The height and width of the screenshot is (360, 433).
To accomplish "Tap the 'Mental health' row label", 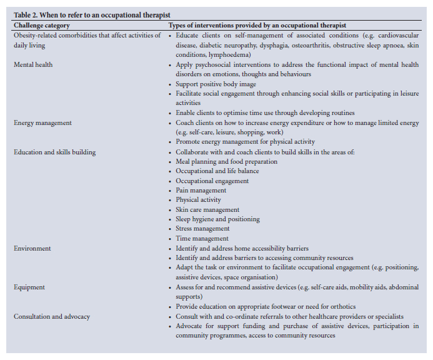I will pyautogui.click(x=33, y=64).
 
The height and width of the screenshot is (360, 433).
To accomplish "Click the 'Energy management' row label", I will pyautogui.click(x=42, y=123).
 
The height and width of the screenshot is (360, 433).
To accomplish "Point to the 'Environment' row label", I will pyautogui.click(x=32, y=248).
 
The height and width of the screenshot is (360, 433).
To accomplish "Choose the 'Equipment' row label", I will pyautogui.click(x=29, y=287).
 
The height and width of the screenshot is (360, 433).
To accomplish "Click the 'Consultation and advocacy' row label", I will pyautogui.click(x=52, y=316).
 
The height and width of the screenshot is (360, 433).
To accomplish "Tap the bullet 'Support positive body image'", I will pyautogui.click(x=216, y=84).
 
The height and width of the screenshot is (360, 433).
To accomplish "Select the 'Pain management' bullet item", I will pyautogui.click(x=201, y=191).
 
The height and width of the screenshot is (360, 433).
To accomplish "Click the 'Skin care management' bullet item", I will pyautogui.click(x=207, y=210).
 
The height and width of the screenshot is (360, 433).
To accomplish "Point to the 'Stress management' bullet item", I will pyautogui.click(x=202, y=229).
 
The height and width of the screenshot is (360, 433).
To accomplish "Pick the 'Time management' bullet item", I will pyautogui.click(x=202, y=239).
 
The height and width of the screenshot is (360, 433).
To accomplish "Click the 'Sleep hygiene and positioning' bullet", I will pyautogui.click(x=217, y=219).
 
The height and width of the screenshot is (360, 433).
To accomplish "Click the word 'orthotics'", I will pyautogui.click(x=342, y=306).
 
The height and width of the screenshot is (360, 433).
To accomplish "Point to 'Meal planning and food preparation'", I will pyautogui.click(x=227, y=162).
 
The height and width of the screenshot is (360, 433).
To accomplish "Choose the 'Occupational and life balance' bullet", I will pyautogui.click(x=217, y=171).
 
